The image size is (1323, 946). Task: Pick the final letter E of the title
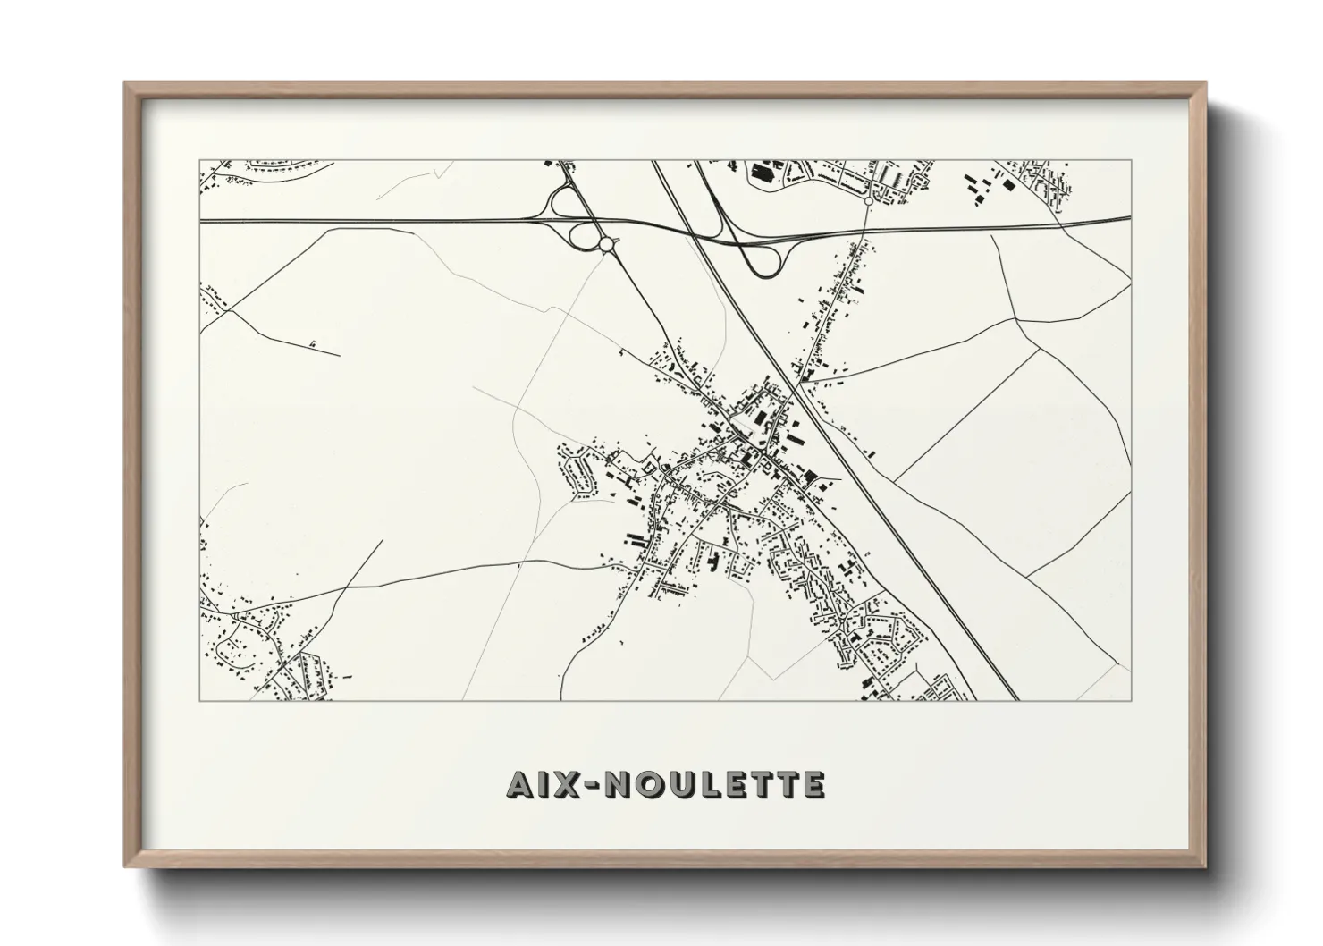812,784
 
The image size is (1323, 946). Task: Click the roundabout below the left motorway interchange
605,243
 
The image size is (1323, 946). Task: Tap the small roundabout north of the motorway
868,203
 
